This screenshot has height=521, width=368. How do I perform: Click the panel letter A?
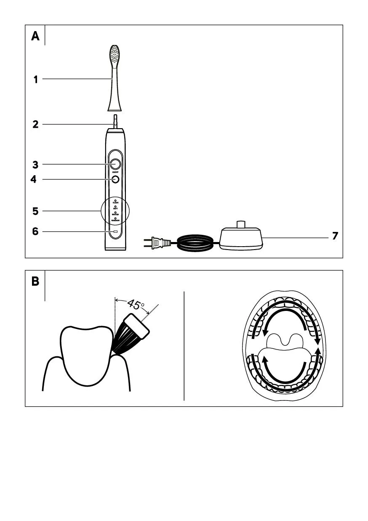35,37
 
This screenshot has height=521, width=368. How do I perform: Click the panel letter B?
35,282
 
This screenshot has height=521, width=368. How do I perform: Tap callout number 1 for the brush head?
36,79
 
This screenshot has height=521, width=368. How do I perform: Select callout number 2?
36,124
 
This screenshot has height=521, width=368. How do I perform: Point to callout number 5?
36,211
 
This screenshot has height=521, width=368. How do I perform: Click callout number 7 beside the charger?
335,236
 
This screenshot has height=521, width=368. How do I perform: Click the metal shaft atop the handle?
115,123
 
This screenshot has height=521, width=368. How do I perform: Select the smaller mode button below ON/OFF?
115,179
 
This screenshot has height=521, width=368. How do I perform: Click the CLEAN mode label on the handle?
115,203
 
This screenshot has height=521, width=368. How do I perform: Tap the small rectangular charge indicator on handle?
115,232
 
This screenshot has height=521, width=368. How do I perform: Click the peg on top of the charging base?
241,224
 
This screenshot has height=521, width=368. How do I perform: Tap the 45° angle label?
136,305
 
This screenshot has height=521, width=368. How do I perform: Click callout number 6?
36,232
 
